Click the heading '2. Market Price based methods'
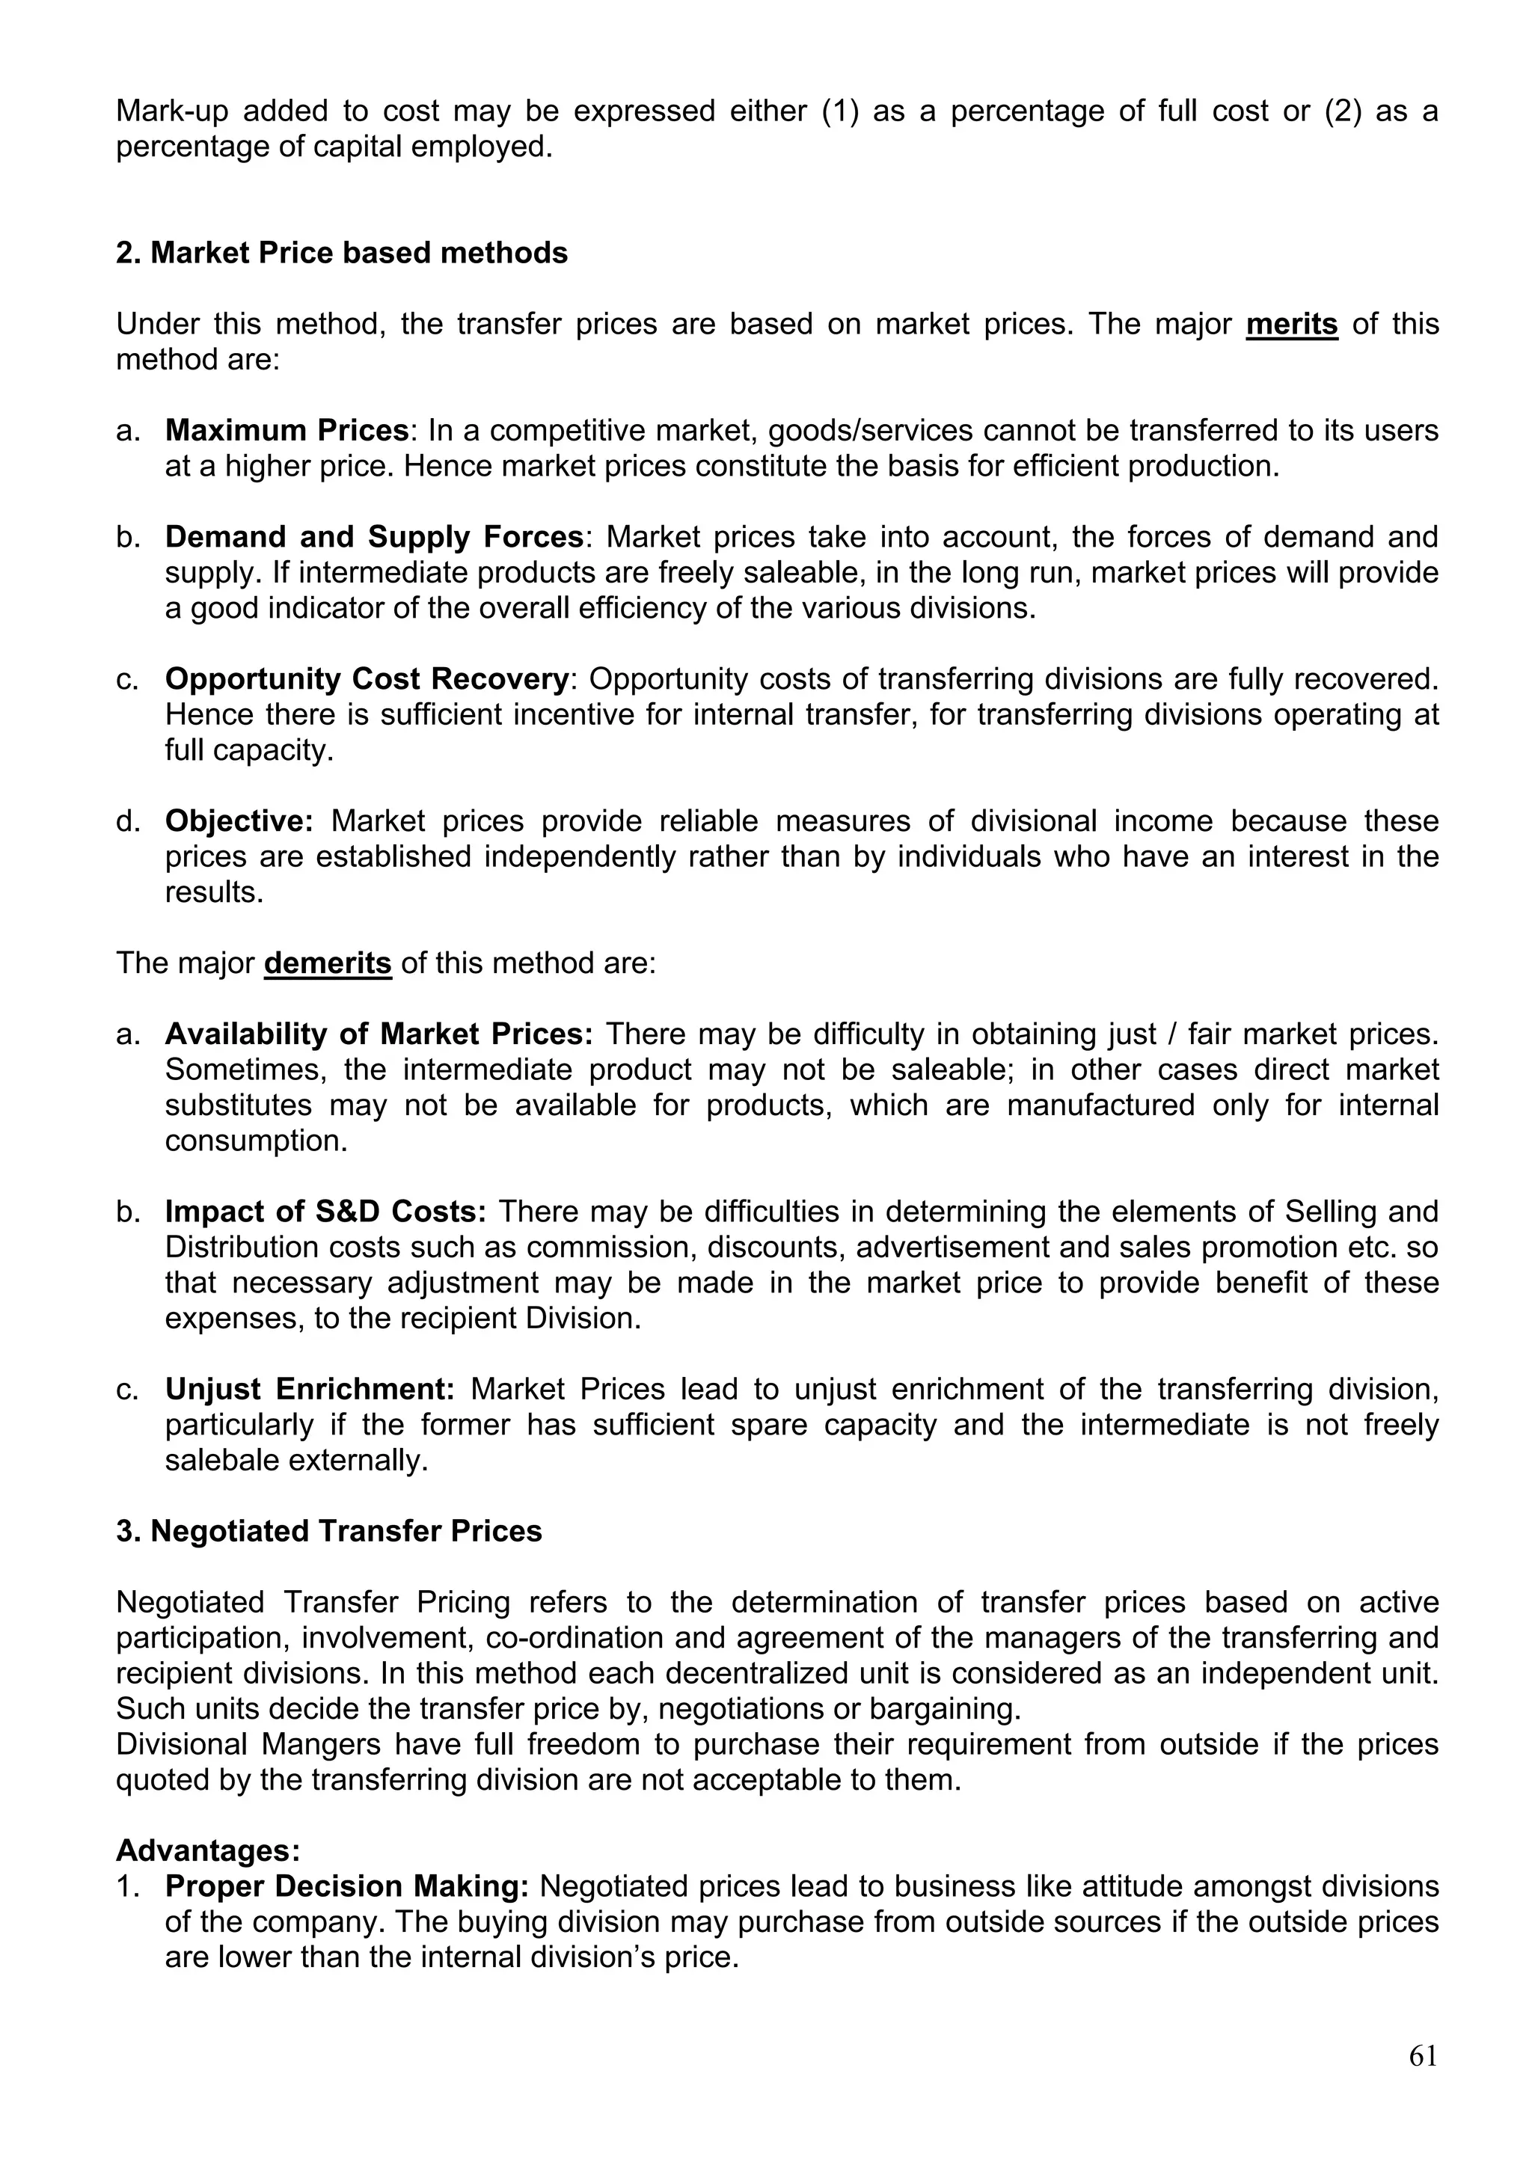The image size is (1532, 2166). pyautogui.click(x=342, y=253)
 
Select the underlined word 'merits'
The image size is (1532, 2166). pyautogui.click(x=1291, y=324)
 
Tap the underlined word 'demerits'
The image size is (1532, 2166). pyautogui.click(x=328, y=963)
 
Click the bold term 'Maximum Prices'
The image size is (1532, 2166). pyautogui.click(x=287, y=430)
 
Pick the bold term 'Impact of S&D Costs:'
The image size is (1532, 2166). pyautogui.click(x=325, y=1212)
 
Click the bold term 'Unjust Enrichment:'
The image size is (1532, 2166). pyautogui.click(x=310, y=1389)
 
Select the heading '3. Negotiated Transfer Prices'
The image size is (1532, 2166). pyautogui.click(x=329, y=1531)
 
